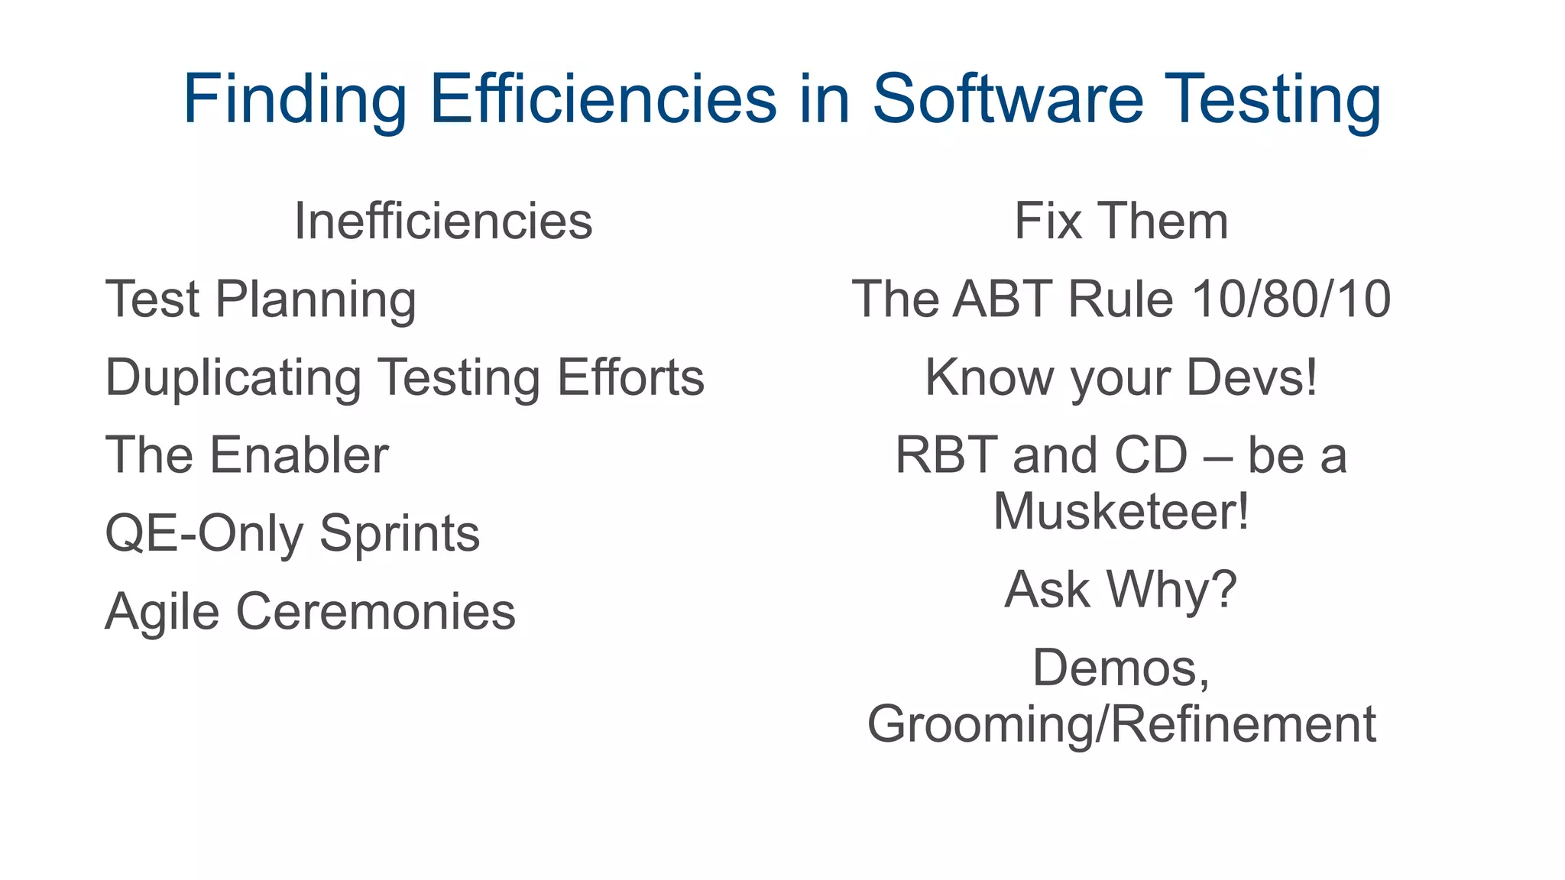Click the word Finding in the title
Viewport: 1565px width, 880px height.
tap(295, 99)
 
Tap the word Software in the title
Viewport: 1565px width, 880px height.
tap(1008, 99)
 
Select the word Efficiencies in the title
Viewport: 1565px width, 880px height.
tap(603, 99)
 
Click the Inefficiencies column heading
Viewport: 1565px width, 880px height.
tap(443, 222)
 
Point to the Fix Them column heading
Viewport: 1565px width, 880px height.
tap(1121, 222)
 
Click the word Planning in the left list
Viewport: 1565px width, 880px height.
tap(316, 299)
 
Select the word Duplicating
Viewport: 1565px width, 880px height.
tap(233, 378)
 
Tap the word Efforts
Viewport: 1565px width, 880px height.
tap(630, 377)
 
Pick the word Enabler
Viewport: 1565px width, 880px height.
tap(299, 456)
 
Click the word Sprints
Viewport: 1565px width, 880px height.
tap(400, 534)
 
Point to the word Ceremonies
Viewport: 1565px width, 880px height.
tap(375, 612)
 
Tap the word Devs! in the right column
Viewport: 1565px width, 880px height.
tap(1252, 377)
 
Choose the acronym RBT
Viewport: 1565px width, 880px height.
tap(947, 456)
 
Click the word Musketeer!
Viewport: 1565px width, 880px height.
tap(1121, 511)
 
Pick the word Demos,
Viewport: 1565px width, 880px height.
tap(1121, 668)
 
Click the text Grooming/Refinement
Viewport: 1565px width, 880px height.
tap(1121, 724)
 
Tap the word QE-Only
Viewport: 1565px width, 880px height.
tap(204, 534)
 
